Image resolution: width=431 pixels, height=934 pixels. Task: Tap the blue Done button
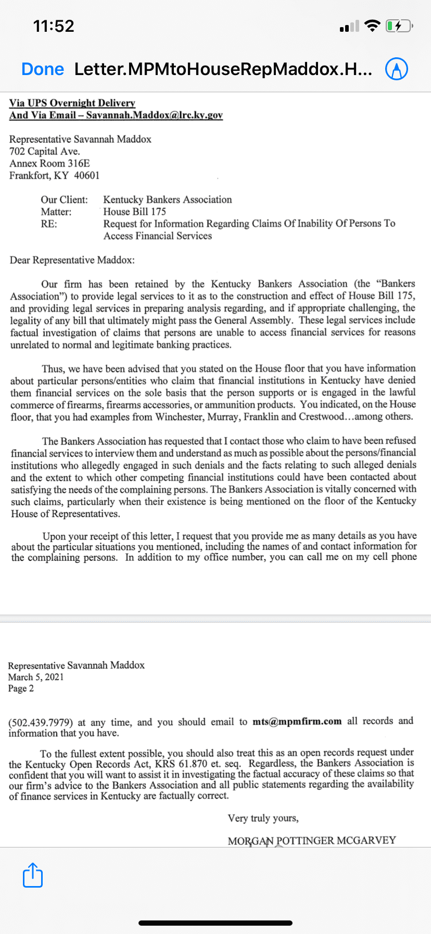[43, 69]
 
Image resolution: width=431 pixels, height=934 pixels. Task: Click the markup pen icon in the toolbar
[396, 69]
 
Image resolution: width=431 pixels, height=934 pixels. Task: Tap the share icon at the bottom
[33, 875]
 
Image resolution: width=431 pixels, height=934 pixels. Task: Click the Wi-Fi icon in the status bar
[373, 26]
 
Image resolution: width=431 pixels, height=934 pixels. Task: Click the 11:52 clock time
[54, 26]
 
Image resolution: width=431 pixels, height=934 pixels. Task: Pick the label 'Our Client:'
[65, 200]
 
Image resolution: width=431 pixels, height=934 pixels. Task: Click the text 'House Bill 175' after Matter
[135, 212]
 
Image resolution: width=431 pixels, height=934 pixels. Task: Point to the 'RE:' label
[49, 224]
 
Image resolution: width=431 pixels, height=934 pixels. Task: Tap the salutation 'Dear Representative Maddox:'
[72, 260]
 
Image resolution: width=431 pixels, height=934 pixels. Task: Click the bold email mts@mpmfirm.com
[297, 721]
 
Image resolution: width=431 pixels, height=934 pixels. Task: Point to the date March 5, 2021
[36, 677]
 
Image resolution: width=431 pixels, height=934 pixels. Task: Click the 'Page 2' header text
[21, 689]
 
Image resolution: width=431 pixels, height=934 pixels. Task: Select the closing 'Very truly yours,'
[263, 818]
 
